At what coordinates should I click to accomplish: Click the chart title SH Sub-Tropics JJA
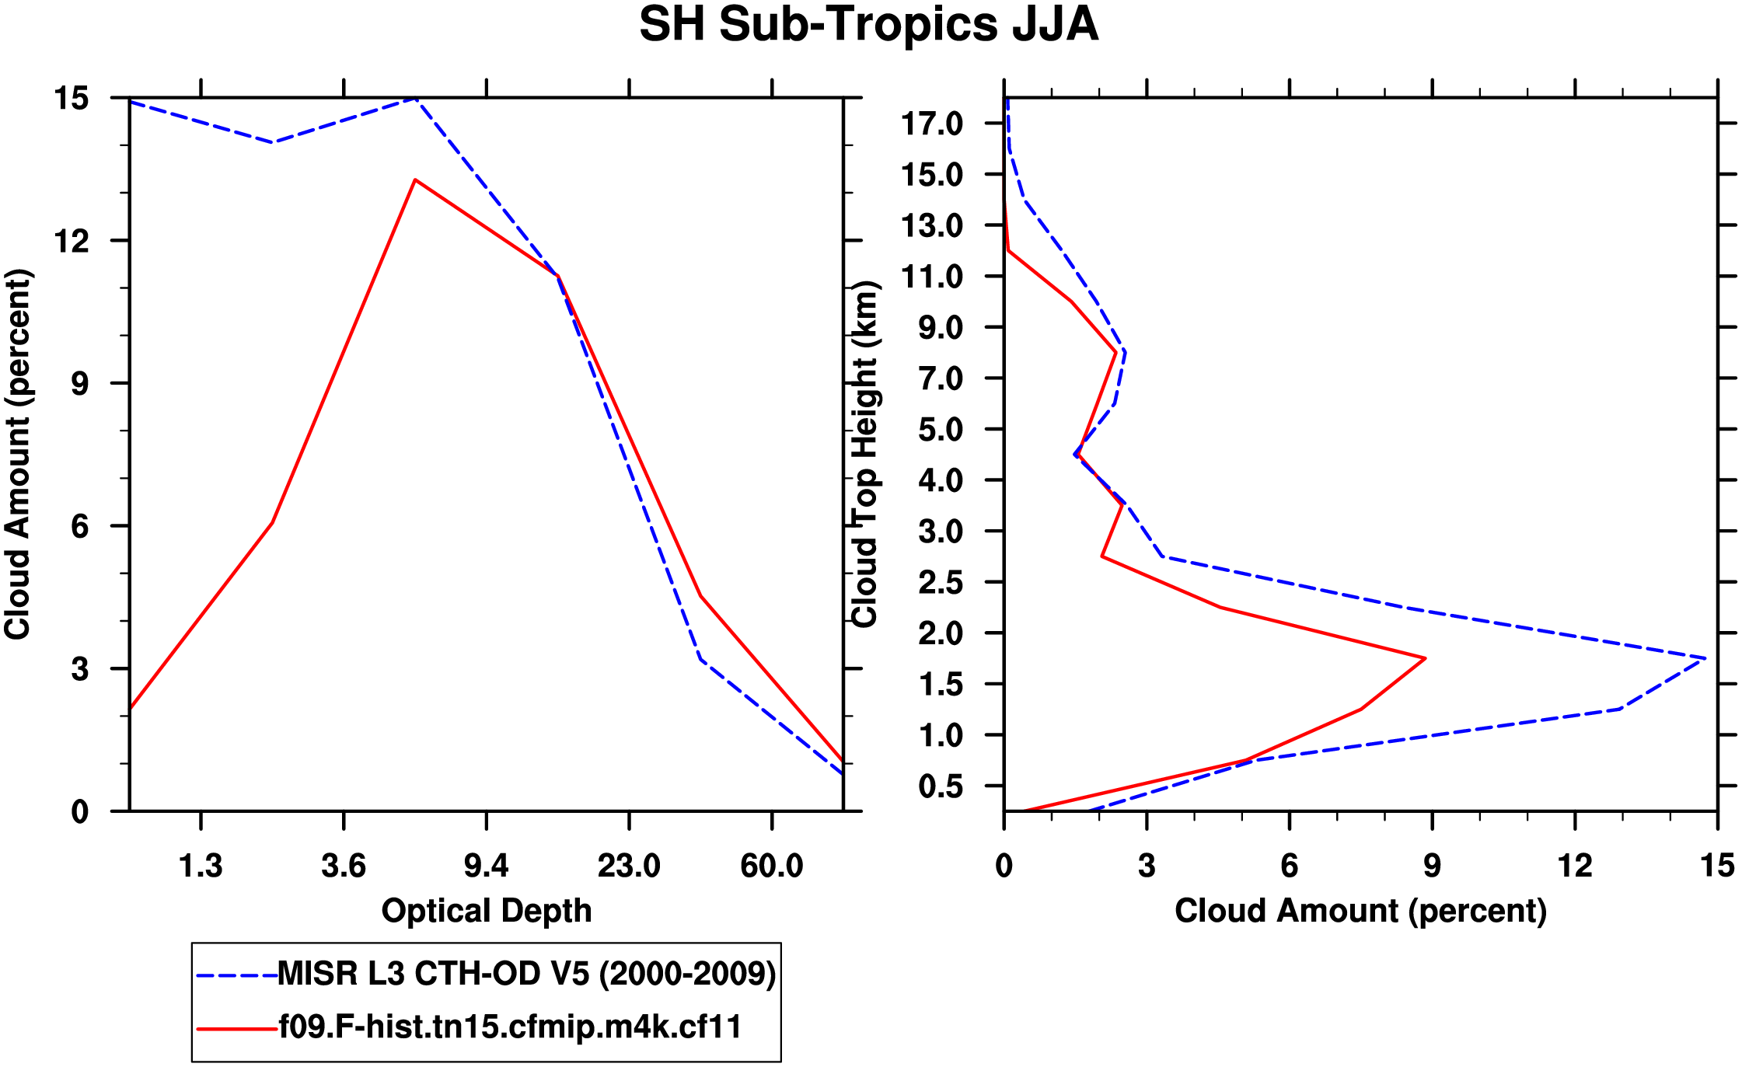868,25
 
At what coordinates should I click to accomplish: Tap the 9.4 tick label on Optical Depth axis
486,866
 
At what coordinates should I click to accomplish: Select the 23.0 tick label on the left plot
628,866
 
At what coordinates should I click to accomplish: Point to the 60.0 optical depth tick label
771,866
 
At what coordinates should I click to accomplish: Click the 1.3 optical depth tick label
201,866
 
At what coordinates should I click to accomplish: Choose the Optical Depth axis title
487,911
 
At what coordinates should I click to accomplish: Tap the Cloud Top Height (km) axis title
864,455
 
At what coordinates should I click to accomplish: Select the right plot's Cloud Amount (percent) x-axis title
1360,911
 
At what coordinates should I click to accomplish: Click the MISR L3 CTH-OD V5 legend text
526,974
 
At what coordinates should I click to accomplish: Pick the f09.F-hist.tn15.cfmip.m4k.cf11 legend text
510,1027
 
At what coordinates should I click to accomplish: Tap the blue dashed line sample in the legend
236,975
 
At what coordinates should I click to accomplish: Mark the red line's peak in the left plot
416,180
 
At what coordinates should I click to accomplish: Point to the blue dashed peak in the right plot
1705,658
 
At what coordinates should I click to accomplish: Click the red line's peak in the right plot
1425,658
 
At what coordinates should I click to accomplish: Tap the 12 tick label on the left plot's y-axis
71,241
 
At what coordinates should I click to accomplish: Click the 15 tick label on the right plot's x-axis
1717,866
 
